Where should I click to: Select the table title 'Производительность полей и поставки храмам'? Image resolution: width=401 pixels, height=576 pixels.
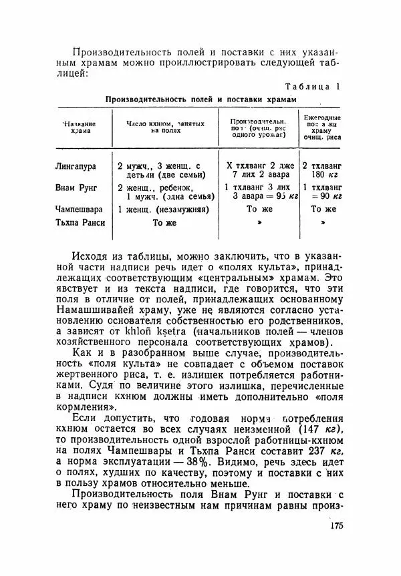tap(200, 99)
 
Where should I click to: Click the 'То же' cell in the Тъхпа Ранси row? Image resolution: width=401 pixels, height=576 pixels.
tap(164, 224)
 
